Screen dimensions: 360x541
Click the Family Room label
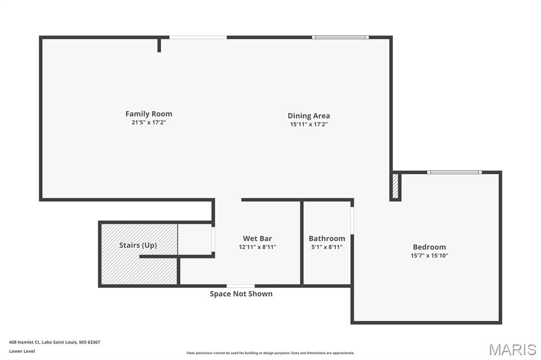click(148, 113)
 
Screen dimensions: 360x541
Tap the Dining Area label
click(309, 116)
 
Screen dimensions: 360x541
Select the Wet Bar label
click(257, 239)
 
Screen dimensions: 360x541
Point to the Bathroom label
click(327, 239)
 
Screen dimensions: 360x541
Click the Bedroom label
click(429, 247)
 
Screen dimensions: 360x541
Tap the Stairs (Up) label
click(137, 245)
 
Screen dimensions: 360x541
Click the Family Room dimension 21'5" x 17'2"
click(148, 122)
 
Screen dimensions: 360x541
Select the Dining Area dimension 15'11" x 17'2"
click(309, 124)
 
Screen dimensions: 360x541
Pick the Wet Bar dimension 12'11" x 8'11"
click(257, 247)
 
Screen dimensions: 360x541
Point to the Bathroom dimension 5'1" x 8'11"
click(327, 247)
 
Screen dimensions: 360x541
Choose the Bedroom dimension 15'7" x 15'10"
click(429, 255)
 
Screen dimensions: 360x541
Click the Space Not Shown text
click(241, 293)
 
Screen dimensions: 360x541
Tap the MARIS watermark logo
click(512, 349)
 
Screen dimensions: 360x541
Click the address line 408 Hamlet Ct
click(54, 342)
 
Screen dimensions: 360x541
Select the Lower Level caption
click(22, 351)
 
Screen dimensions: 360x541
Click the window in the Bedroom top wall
click(454, 172)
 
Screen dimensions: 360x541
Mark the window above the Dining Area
click(340, 37)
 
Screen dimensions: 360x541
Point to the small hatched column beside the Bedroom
click(395, 186)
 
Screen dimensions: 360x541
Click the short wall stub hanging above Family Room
click(159, 44)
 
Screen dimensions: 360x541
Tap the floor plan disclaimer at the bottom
click(270, 353)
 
